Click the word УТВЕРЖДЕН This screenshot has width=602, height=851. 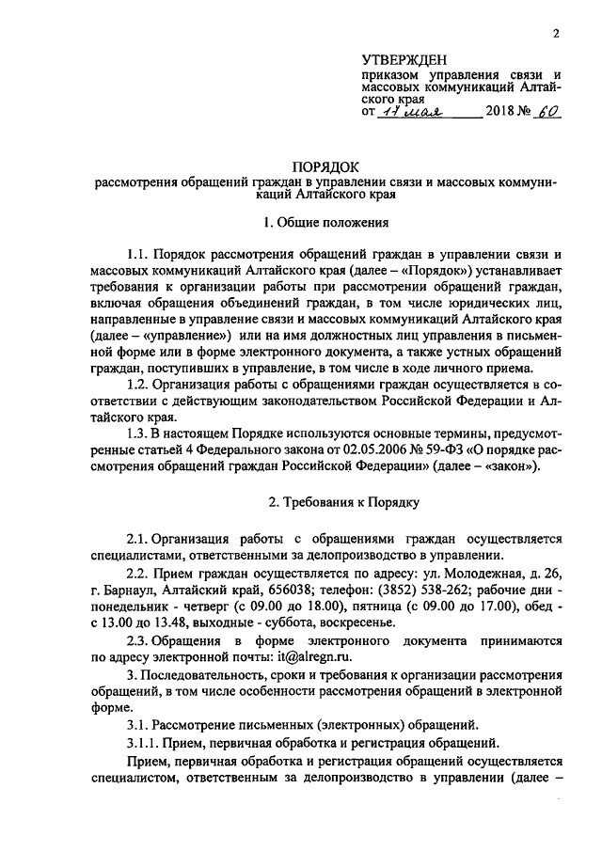[x=407, y=59]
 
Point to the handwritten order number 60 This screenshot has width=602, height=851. [x=545, y=111]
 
